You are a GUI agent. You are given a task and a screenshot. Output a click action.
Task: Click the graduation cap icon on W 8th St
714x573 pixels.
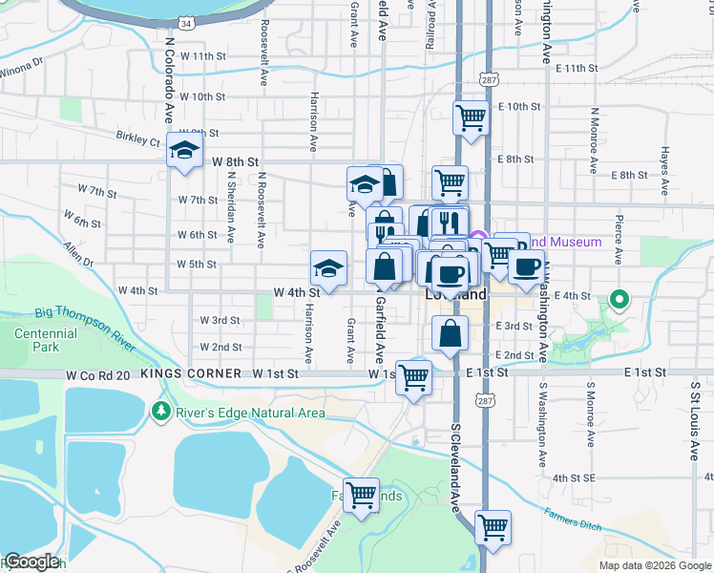184,151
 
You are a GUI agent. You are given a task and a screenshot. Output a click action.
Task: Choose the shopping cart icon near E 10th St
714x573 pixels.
471,118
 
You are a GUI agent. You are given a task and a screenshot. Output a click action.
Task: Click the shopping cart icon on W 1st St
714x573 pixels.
413,377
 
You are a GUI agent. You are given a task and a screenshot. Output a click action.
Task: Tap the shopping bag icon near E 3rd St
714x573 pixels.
450,334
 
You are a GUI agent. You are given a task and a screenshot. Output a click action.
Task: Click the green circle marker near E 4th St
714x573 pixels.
619,301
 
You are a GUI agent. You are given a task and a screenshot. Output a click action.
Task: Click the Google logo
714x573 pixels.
31,562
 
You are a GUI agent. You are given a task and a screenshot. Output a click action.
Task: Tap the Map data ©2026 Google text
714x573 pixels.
654,565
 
